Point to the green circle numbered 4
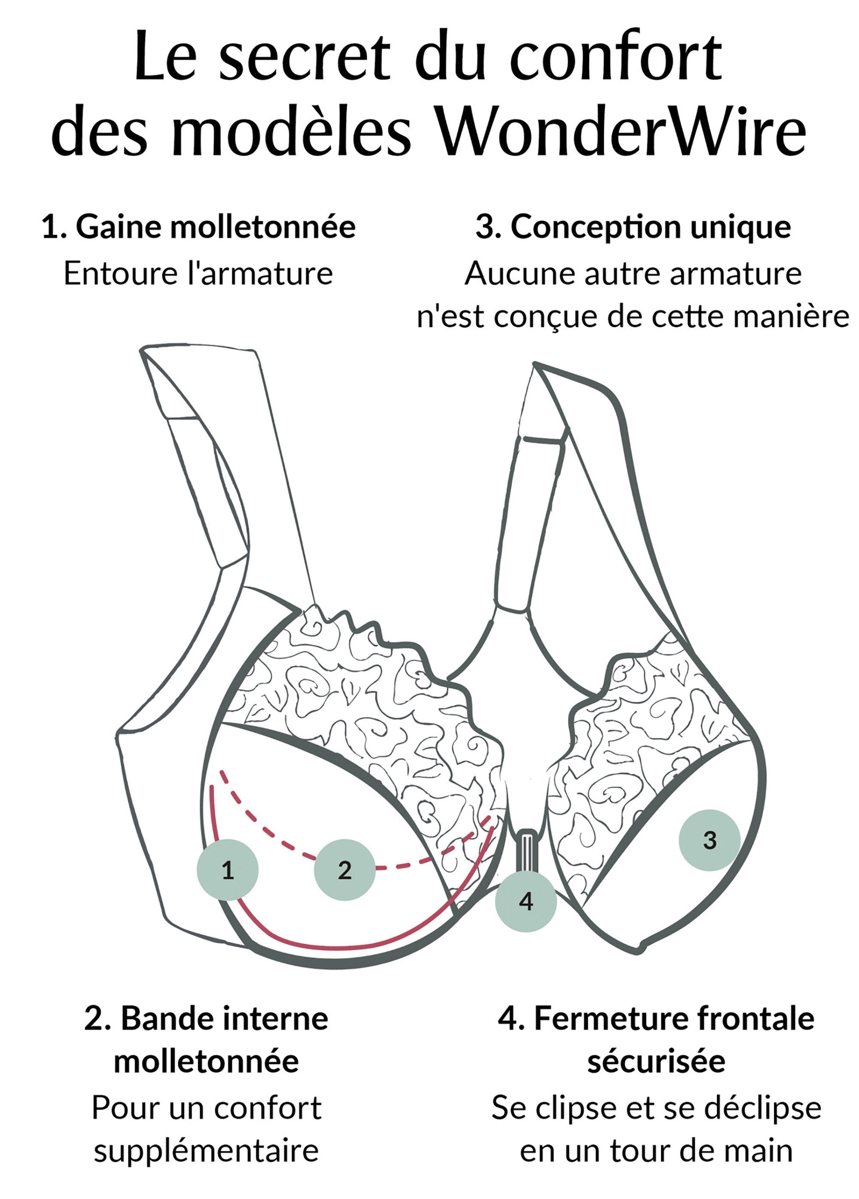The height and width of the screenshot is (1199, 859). click(x=525, y=901)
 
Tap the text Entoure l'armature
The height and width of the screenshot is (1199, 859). click(x=198, y=274)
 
